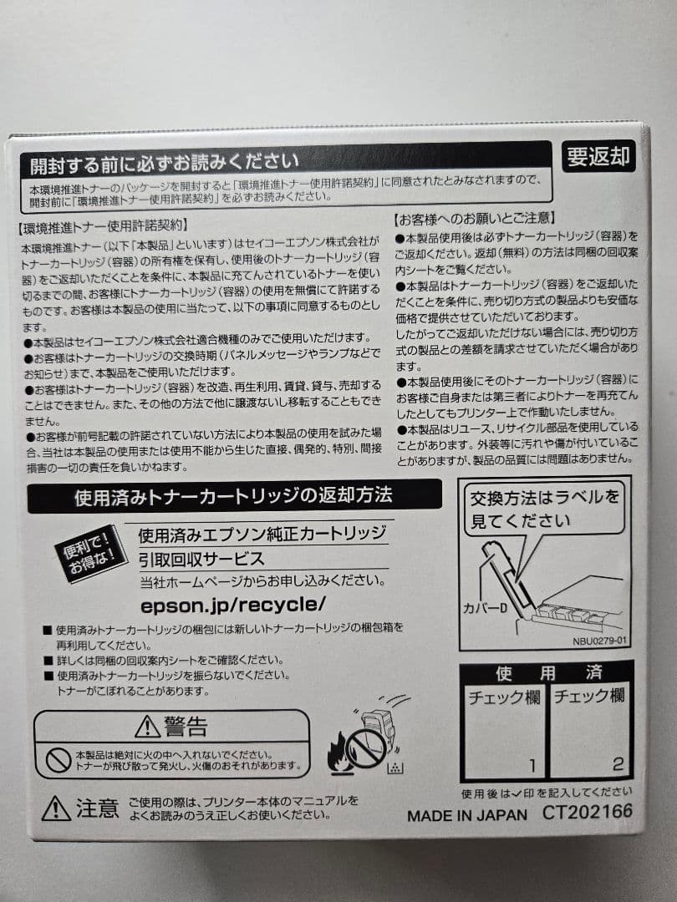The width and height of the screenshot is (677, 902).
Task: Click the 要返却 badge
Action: pyautogui.click(x=598, y=156)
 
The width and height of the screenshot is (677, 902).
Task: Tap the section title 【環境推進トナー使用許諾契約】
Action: pyautogui.click(x=103, y=225)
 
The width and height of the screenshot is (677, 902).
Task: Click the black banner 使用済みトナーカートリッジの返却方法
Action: pyautogui.click(x=234, y=496)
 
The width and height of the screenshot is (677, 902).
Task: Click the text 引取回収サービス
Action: pyautogui.click(x=201, y=559)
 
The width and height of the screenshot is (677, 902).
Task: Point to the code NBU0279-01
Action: pyautogui.click(x=599, y=641)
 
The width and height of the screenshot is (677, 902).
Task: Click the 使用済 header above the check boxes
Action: pyautogui.click(x=547, y=673)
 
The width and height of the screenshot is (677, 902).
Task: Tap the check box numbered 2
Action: pyautogui.click(x=590, y=731)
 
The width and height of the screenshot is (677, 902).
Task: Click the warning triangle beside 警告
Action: pyautogui.click(x=147, y=726)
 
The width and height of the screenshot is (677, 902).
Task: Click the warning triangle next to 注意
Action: pyautogui.click(x=56, y=808)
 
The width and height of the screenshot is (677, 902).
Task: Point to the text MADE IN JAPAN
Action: pyautogui.click(x=467, y=815)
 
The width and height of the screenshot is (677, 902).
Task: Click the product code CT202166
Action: pyautogui.click(x=587, y=812)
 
